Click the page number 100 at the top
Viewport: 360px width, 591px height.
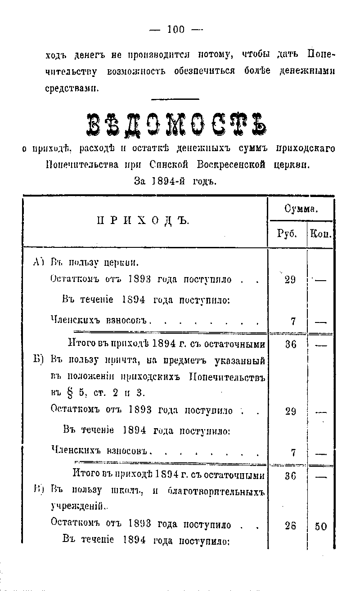click(175, 30)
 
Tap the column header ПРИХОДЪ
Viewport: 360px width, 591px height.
click(143, 221)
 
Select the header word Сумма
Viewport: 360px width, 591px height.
click(301, 209)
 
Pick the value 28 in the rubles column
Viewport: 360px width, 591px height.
click(290, 526)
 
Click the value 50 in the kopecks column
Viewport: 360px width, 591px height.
click(321, 526)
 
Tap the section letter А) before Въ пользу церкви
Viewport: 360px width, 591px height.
click(38, 262)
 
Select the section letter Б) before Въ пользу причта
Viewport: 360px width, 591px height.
click(39, 360)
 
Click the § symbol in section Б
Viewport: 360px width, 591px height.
click(68, 393)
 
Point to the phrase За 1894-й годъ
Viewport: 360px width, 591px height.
click(175, 181)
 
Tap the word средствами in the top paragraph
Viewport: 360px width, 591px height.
click(72, 88)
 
